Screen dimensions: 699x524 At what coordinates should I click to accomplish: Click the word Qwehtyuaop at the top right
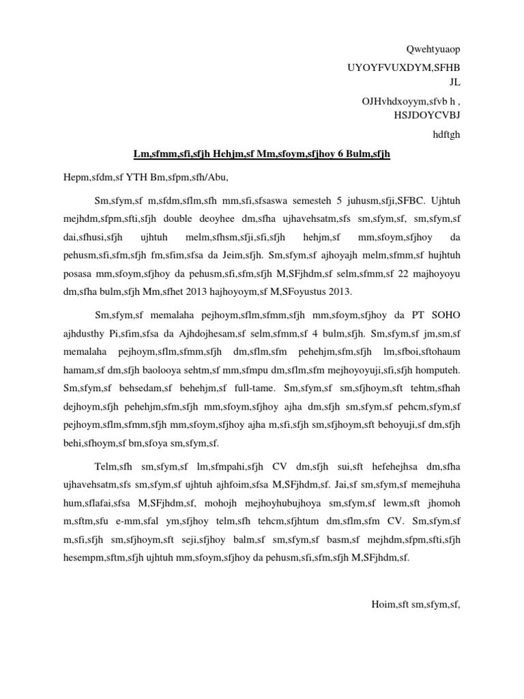pos(433,50)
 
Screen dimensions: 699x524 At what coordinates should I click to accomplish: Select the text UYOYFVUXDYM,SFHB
pos(404,68)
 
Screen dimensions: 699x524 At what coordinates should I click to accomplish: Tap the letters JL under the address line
pos(455,82)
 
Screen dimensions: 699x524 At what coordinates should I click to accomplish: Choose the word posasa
pos(76,274)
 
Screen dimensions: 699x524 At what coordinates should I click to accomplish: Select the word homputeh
pos(438,369)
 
